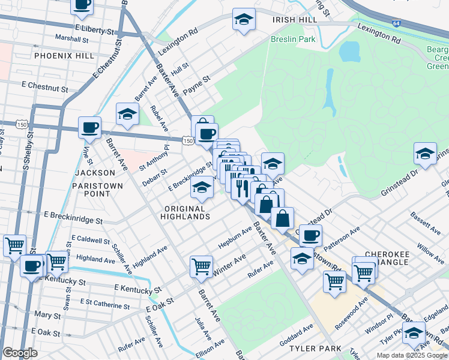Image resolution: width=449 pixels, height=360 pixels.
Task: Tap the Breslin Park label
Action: pos(293,39)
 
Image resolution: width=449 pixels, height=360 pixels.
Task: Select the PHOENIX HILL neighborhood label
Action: pos(64,55)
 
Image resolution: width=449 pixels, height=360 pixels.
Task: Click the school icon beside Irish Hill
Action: pos(244,20)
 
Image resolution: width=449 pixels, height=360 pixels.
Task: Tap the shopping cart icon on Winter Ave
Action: pos(202,266)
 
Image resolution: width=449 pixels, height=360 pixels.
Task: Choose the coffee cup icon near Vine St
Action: pos(90,128)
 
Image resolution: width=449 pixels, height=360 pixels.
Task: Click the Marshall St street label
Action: pos(71,38)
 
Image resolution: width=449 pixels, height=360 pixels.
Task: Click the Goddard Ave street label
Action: pos(297,335)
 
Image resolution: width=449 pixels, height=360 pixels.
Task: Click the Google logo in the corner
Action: pos(20,352)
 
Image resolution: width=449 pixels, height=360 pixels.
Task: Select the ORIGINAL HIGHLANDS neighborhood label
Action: pos(187,212)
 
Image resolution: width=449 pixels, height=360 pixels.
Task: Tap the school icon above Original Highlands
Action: pos(202,189)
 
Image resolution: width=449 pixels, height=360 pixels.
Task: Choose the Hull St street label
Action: pos(180,68)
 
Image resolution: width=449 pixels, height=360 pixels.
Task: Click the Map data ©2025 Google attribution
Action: pos(412,355)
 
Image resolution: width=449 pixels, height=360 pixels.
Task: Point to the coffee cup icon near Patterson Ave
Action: pos(310,235)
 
